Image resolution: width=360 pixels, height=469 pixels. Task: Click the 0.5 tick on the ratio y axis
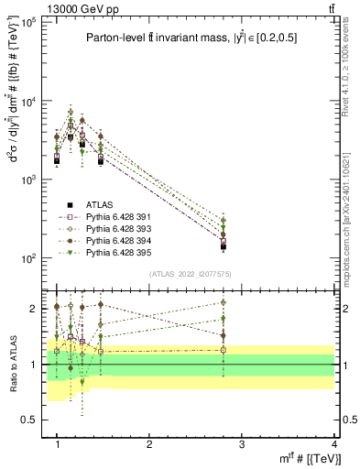pos(28,420)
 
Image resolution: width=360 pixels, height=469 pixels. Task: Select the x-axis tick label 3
pos(242,444)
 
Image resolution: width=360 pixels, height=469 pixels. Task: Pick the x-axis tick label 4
pos(333,444)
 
